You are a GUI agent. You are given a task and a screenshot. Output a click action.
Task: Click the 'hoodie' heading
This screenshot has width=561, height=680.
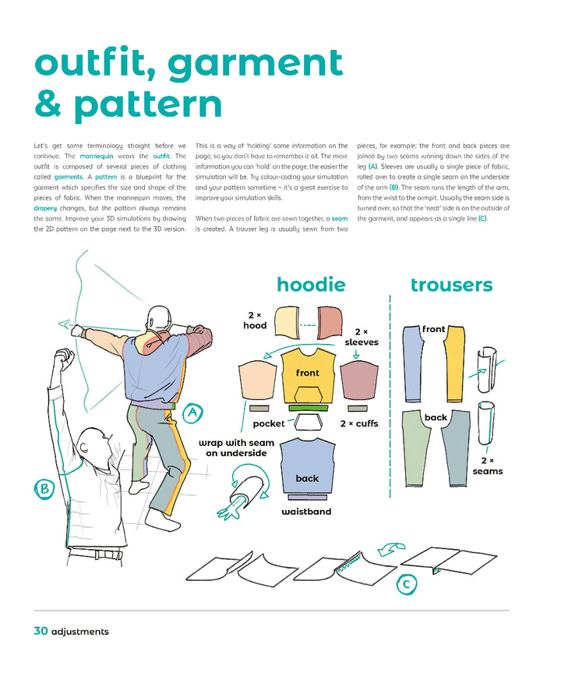coord(311,285)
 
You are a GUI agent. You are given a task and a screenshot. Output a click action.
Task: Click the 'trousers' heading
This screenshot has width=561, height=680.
coord(451,285)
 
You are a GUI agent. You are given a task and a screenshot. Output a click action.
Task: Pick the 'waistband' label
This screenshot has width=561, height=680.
coord(306,512)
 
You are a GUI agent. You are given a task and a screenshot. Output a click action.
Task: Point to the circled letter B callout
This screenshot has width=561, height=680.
coord(43,489)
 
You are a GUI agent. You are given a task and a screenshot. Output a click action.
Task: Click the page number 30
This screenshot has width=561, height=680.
coord(41,631)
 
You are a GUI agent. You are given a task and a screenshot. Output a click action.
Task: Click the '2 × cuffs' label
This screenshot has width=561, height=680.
coord(359,424)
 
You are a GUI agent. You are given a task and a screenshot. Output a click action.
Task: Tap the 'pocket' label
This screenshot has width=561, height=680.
coord(269,424)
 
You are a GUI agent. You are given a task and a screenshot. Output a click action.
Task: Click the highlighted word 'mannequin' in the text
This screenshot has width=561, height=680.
coord(101,156)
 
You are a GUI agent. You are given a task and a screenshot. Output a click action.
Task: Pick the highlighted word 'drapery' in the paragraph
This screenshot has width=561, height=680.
coord(47,209)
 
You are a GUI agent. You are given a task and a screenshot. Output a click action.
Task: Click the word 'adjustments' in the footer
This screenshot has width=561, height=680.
coord(79,632)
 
